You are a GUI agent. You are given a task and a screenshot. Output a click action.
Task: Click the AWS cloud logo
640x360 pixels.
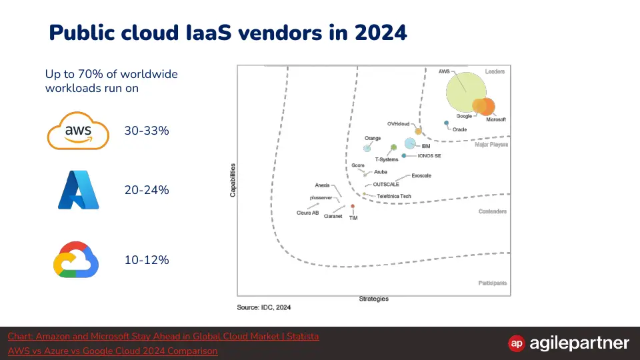[x=78, y=131]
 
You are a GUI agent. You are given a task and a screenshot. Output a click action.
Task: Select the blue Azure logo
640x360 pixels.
[x=79, y=190]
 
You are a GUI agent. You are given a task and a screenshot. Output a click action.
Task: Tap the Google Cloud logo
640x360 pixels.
[x=76, y=259]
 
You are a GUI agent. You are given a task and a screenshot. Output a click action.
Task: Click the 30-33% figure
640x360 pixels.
[x=147, y=131]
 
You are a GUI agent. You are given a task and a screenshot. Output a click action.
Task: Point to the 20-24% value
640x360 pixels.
[x=147, y=190]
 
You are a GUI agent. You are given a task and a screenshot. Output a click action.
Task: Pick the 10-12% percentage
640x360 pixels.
[x=147, y=260]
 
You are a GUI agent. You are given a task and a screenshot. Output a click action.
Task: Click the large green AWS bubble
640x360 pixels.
[x=465, y=92]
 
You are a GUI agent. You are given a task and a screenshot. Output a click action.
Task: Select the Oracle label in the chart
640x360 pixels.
[x=459, y=129]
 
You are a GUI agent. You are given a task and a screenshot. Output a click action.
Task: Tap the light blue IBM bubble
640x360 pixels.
[x=410, y=143]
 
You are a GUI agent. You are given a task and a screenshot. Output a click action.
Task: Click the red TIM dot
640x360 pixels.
[x=353, y=206]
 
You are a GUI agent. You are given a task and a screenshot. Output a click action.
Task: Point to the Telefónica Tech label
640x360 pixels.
[x=394, y=196]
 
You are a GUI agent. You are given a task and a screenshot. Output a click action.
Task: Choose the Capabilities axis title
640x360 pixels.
[x=233, y=180]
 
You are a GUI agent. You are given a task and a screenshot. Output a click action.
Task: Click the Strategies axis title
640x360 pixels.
[x=374, y=299]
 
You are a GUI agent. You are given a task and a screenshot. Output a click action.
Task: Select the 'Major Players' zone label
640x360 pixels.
[x=491, y=145]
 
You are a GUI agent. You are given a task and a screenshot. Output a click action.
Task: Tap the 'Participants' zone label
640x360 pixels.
[x=493, y=283]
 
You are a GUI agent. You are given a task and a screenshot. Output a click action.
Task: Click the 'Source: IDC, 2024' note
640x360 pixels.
[x=264, y=307]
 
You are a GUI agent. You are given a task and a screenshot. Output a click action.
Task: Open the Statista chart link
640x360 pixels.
[x=163, y=336]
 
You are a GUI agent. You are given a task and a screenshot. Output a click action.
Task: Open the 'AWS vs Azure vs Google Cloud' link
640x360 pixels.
[x=113, y=351]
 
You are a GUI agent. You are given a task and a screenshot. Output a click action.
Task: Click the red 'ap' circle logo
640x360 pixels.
[x=516, y=343]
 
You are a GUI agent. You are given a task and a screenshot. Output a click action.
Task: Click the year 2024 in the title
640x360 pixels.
[x=381, y=33]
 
